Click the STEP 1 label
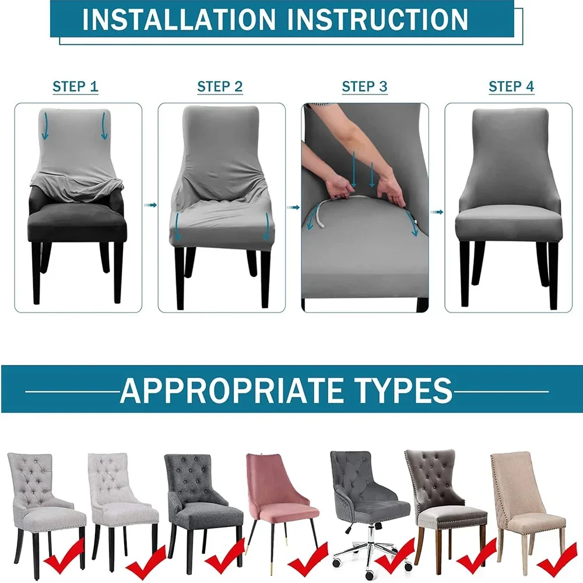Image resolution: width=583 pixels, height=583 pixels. [75, 87]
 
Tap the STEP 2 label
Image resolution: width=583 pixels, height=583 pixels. [220, 87]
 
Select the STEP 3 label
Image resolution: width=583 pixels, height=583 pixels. [364, 87]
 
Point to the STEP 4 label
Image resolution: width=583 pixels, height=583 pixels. [511, 87]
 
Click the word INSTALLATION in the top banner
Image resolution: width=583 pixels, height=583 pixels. [179, 19]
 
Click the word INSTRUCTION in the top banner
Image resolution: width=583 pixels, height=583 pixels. [378, 19]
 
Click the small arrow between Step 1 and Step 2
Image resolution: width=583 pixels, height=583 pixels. [150, 205]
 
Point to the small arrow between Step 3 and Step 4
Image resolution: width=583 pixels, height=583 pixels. [437, 212]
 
